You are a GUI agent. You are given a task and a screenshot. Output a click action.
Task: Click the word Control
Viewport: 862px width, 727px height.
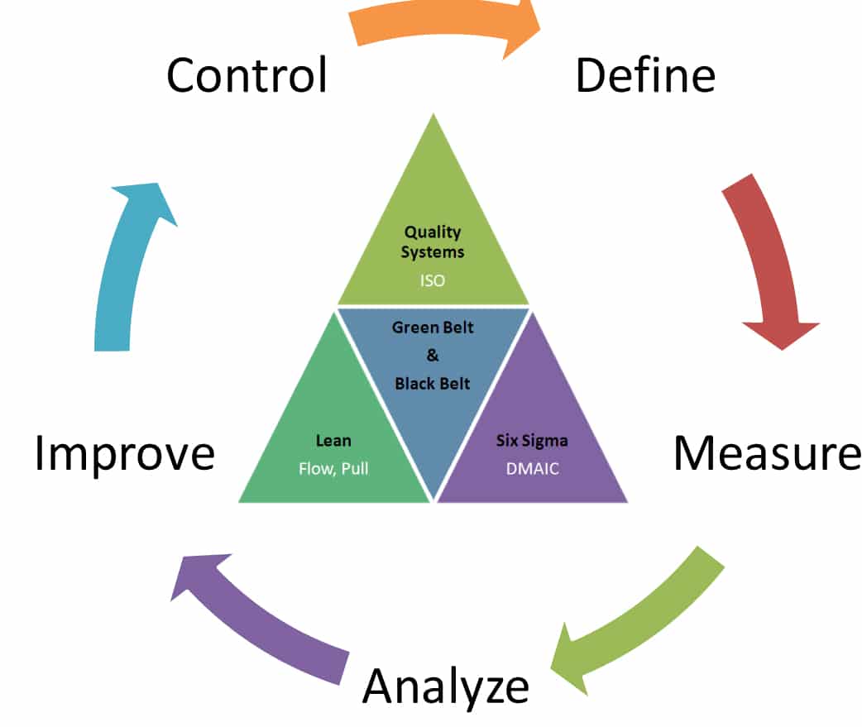pyautogui.click(x=247, y=74)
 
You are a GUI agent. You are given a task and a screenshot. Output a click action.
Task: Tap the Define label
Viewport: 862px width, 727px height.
pyautogui.click(x=645, y=74)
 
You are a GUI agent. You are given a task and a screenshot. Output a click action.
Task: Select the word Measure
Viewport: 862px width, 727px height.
pyautogui.click(x=768, y=453)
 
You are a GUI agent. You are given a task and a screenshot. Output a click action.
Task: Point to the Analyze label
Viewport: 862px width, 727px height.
pyautogui.click(x=446, y=686)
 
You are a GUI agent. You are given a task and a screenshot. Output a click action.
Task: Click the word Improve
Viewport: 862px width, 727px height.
pyautogui.click(x=124, y=454)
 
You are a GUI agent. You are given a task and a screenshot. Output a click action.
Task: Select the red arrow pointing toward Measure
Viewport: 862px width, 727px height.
pyautogui.click(x=769, y=258)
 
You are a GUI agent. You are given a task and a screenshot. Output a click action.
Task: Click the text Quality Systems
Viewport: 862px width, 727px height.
pyautogui.click(x=433, y=242)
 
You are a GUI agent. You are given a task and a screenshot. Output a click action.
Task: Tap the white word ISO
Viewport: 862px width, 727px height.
pyautogui.click(x=433, y=281)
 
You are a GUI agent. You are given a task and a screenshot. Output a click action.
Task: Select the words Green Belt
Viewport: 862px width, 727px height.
pyautogui.click(x=433, y=328)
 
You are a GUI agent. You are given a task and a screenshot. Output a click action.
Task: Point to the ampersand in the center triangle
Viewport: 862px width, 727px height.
pyautogui.click(x=433, y=355)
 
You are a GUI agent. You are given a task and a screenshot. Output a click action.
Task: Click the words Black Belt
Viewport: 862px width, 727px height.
pyautogui.click(x=433, y=384)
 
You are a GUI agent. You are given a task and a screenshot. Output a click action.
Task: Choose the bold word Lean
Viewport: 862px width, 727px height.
pyautogui.click(x=333, y=441)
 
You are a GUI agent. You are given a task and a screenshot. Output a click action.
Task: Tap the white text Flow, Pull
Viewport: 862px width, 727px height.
pyautogui.click(x=333, y=469)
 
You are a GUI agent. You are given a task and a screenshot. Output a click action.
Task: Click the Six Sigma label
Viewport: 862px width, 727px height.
pyautogui.click(x=532, y=441)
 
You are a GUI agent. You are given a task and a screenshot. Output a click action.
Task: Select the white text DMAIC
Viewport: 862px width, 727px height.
pyautogui.click(x=532, y=469)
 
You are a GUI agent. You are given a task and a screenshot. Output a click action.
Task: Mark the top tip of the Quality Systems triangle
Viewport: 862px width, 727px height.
pyautogui.click(x=433, y=114)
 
